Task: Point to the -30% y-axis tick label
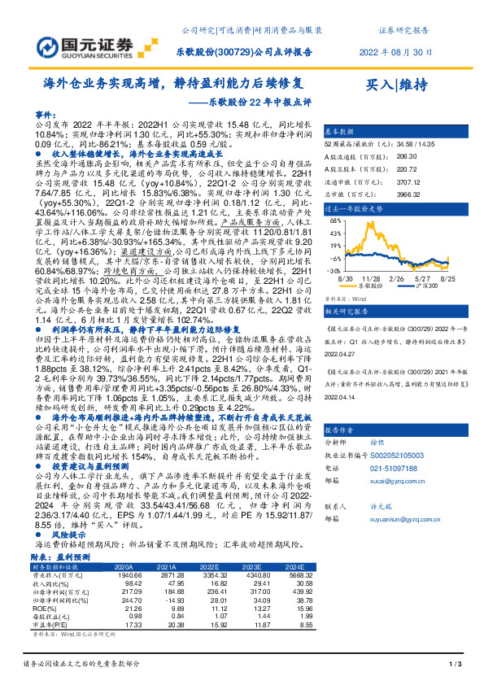334,270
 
